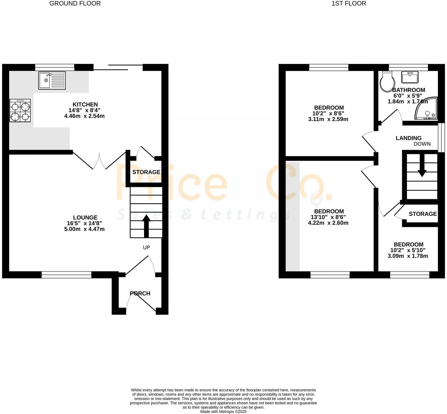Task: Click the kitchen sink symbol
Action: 52,80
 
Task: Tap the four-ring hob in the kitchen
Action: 20,111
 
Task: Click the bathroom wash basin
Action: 410,77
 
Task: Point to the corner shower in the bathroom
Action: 427,108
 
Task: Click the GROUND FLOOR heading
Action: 75,4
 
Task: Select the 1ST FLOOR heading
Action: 349,4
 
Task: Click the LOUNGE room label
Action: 85,218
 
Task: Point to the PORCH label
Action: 140,293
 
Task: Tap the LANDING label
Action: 408,138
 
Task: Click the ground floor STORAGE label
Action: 146,172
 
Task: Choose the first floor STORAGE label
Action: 422,214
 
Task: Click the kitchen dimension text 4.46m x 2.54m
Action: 84,116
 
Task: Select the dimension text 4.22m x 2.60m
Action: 328,223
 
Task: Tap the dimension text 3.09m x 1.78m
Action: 408,256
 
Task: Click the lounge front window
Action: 66,274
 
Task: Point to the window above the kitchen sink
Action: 55,67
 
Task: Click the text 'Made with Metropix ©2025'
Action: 224,412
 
